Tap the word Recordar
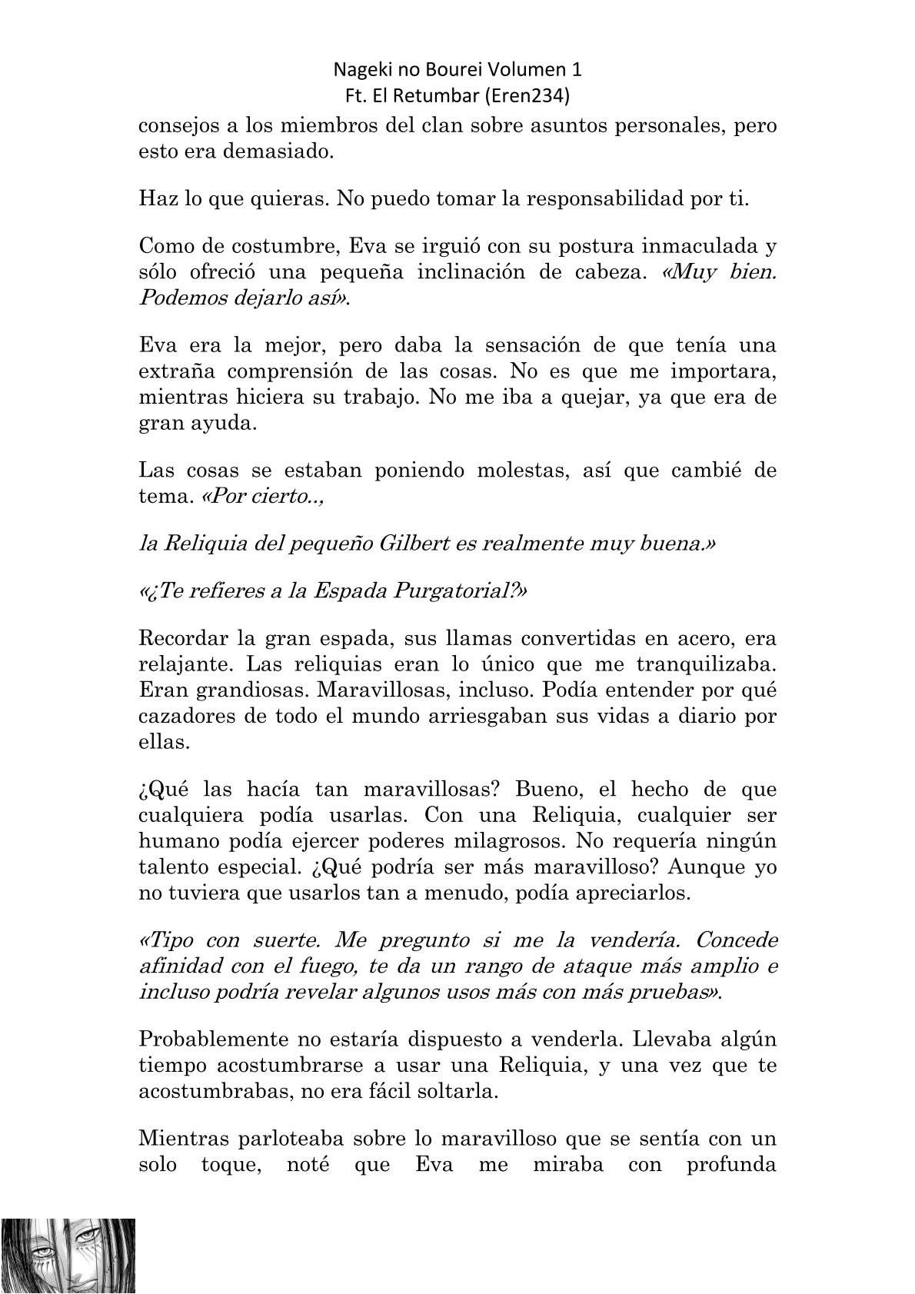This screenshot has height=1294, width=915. tap(184, 639)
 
